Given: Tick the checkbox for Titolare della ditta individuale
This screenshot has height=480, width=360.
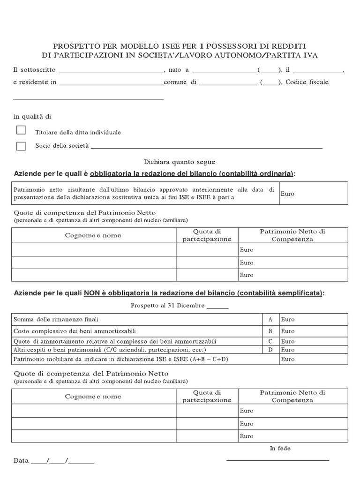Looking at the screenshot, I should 21,130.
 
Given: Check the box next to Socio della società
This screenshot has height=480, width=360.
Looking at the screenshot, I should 21,146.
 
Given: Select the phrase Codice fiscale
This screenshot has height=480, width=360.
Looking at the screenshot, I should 307,82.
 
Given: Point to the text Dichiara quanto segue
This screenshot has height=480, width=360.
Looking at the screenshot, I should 180,162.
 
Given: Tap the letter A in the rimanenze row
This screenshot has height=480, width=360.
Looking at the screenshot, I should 270,319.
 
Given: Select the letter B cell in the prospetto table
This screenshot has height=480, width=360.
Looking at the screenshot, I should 270,331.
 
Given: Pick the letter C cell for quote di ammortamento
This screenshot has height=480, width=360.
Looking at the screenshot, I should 270,341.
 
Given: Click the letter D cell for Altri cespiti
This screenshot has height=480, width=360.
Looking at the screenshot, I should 270,350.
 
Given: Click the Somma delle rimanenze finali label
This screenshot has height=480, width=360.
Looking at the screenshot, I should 56,319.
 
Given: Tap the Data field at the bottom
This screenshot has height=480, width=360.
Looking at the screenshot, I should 54,461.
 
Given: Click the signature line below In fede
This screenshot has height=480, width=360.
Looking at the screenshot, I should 277,460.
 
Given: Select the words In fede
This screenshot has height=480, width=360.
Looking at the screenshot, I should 280,449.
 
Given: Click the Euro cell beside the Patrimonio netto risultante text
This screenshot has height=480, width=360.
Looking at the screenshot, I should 313,194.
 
